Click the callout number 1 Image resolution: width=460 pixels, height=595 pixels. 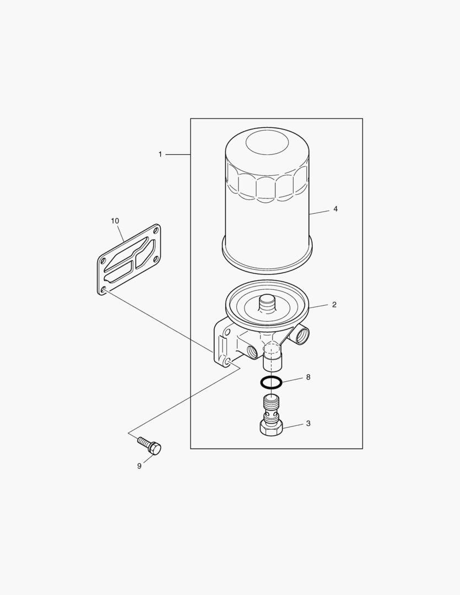160,154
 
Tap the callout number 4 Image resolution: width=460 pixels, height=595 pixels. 335,209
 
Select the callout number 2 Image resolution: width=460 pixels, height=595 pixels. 334,304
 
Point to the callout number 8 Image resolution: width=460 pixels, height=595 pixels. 308,377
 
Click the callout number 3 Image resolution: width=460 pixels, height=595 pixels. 308,423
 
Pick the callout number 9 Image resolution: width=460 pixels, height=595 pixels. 139,466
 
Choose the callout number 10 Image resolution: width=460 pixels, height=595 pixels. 115,221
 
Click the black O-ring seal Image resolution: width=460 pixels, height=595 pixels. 271,382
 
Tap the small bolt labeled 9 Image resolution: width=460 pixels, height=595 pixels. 149,446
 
